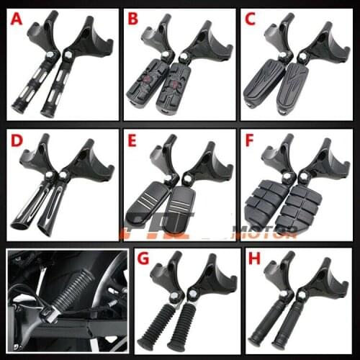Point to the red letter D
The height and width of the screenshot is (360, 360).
point(16,140)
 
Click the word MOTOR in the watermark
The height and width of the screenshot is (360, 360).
point(273,231)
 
